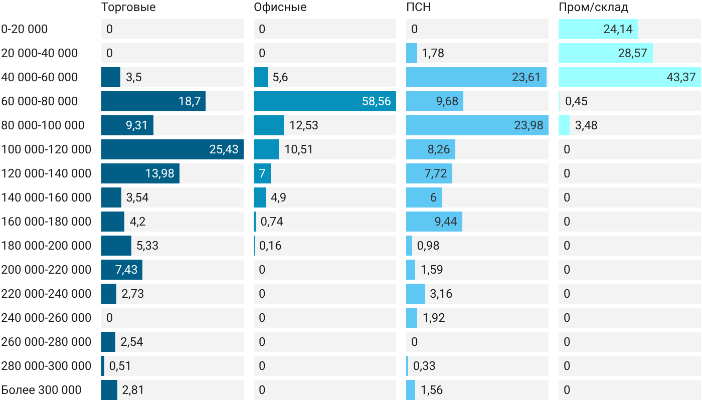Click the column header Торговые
pyautogui.click(x=128, y=7)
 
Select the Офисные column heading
pyautogui.click(x=280, y=7)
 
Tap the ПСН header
pyautogui.click(x=418, y=7)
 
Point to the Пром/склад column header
pyautogui.click(x=593, y=7)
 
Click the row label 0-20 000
pyautogui.click(x=25, y=29)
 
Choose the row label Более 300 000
pyautogui.click(x=41, y=390)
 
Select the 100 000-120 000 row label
pyautogui.click(x=46, y=149)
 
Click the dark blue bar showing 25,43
pyautogui.click(x=172, y=149)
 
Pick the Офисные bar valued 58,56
pyautogui.click(x=325, y=101)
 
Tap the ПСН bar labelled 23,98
pyautogui.click(x=477, y=125)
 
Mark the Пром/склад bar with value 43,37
pyautogui.click(x=630, y=77)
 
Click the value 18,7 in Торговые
pyautogui.click(x=190, y=101)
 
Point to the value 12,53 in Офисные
pyautogui.click(x=304, y=125)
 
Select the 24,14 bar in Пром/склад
pyautogui.click(x=598, y=29)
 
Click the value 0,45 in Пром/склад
pyautogui.click(x=576, y=101)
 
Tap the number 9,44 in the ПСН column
pyautogui.click(x=446, y=222)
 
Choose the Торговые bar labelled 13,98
pyautogui.click(x=140, y=173)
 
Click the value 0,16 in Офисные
pyautogui.click(x=270, y=246)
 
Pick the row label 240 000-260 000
pyautogui.click(x=46, y=318)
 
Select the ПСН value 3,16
pyautogui.click(x=441, y=294)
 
